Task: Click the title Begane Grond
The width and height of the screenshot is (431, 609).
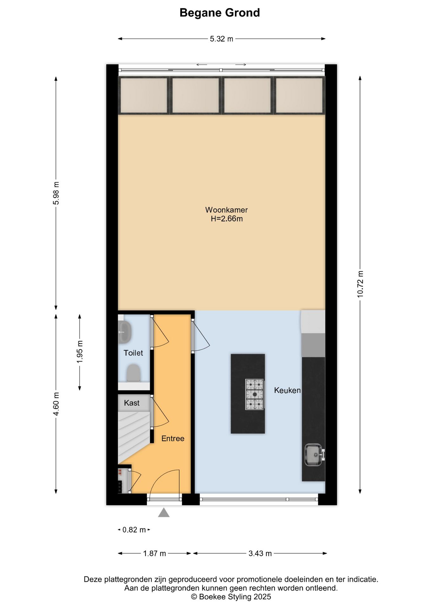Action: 220,13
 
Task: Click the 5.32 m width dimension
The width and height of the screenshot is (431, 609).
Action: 222,39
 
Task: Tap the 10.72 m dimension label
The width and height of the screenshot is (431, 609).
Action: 360,284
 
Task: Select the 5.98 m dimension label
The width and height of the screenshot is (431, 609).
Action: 56,193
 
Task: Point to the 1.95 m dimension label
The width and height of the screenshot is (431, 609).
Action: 80,352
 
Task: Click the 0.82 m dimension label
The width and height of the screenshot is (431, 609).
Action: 134,530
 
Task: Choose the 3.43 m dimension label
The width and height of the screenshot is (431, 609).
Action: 260,553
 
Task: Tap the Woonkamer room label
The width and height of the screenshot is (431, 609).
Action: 226,210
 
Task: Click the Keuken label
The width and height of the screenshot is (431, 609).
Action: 287,390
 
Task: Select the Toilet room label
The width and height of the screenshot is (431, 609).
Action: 133,353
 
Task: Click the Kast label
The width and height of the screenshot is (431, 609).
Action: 132,403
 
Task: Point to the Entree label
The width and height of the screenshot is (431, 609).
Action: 173,439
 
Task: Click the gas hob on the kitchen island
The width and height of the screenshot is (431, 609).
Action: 255,394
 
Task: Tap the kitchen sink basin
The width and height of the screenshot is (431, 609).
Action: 313,455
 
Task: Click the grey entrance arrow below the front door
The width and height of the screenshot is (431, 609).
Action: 164,513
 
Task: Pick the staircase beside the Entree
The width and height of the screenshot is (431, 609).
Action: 133,435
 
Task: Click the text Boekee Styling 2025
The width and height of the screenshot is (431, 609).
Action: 235,597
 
